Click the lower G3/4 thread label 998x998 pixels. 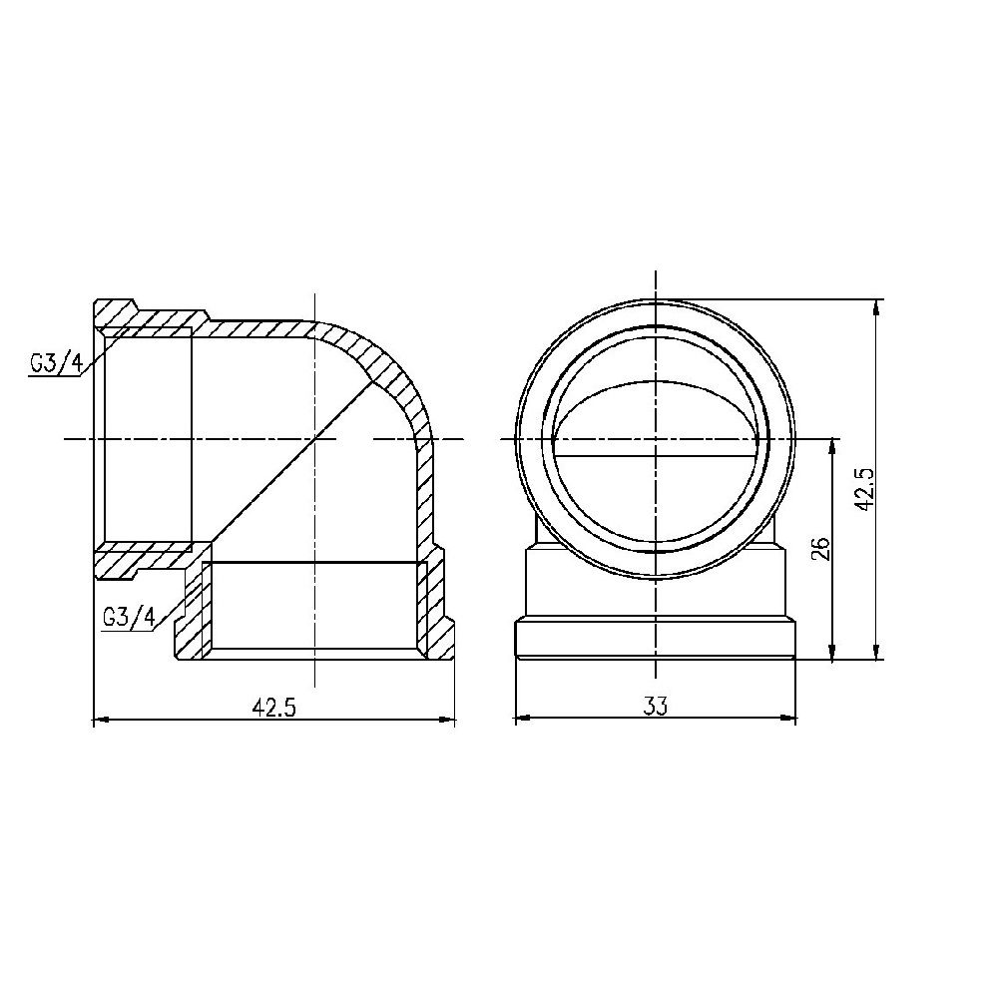(x=129, y=618)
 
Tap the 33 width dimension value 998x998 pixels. (x=655, y=707)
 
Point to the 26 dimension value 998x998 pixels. (x=822, y=548)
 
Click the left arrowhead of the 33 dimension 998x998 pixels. (x=520, y=718)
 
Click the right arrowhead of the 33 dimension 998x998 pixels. (x=794, y=718)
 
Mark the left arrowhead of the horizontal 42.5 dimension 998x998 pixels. (x=99, y=719)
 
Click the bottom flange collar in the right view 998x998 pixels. (x=655, y=639)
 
